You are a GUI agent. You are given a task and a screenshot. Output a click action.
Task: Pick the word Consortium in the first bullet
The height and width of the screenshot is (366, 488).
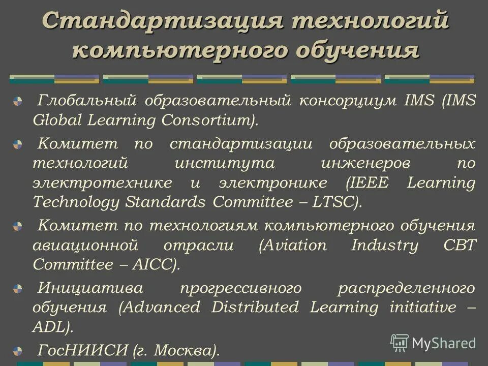[207, 121]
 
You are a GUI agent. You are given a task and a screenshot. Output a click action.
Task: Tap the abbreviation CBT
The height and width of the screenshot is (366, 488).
[460, 246]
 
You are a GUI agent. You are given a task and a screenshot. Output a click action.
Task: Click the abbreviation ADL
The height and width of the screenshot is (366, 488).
[49, 327]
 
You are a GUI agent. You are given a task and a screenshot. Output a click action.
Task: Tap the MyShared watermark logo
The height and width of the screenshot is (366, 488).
[433, 343]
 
